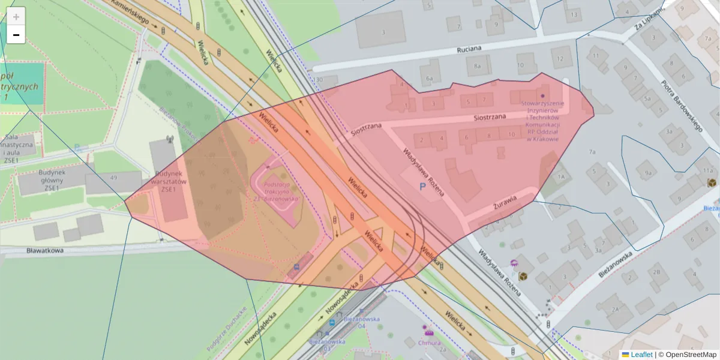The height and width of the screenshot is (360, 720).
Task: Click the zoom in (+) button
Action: [x=16, y=17]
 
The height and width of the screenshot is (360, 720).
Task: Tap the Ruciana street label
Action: [x=470, y=50]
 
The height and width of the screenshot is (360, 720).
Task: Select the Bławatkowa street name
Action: [x=45, y=250]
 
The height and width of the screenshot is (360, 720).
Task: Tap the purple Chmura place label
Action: [x=430, y=343]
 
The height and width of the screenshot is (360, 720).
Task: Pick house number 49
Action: [x=113, y=177]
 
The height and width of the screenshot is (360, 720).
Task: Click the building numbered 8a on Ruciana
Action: [x=478, y=66]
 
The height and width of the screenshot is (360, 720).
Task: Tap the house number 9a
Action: [x=648, y=173]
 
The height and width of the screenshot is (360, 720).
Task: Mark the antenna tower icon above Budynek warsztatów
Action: [x=169, y=140]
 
